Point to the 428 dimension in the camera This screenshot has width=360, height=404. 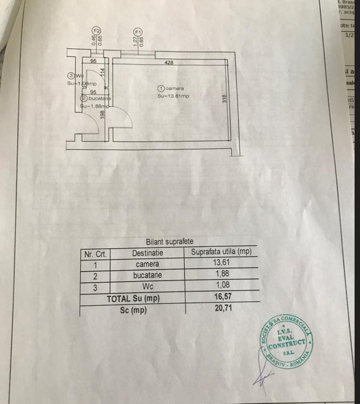point(169,63)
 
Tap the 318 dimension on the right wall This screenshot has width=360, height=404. point(224,99)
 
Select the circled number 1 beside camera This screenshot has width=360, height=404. point(161,88)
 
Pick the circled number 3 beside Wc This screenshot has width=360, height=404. point(70,76)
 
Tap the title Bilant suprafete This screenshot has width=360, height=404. point(169,242)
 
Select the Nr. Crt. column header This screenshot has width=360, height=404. point(95,253)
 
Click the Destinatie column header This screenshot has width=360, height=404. point(147,253)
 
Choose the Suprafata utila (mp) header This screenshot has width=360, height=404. point(221,252)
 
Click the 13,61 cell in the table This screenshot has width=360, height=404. point(221,263)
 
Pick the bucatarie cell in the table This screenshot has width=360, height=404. point(147,275)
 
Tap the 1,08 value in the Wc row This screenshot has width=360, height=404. point(222,285)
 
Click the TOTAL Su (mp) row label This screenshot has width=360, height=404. point(133,298)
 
